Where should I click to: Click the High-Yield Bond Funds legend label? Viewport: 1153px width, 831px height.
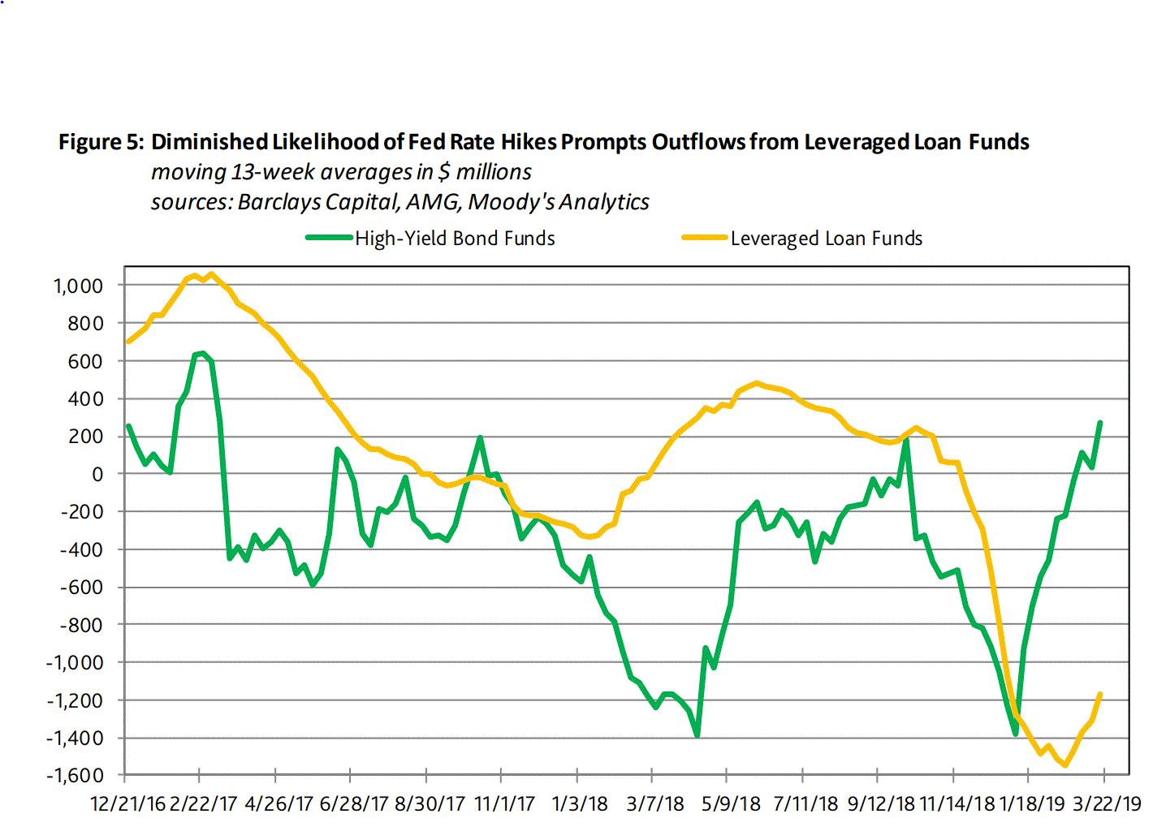[x=455, y=239]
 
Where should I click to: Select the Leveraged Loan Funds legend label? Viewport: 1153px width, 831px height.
[x=826, y=239]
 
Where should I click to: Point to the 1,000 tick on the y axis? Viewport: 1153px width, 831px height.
[x=79, y=286]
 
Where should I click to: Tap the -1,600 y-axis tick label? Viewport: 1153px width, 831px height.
[x=75, y=776]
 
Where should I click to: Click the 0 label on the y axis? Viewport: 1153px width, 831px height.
[x=97, y=474]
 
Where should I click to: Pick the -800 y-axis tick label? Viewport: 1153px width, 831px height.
[x=82, y=625]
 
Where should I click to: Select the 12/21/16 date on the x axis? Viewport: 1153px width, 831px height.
[x=127, y=804]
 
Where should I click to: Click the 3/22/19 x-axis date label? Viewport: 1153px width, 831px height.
[x=1107, y=804]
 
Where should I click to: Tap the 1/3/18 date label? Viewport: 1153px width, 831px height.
[x=580, y=804]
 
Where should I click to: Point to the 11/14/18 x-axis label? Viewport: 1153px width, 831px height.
[x=957, y=804]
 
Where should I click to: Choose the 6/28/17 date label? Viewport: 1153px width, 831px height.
[x=354, y=804]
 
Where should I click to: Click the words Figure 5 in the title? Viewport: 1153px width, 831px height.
[x=101, y=143]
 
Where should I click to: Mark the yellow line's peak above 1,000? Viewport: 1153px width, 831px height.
[x=211, y=274]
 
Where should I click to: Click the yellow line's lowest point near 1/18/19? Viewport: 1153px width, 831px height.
[x=1064, y=764]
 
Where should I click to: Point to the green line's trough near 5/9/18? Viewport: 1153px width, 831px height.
[x=697, y=735]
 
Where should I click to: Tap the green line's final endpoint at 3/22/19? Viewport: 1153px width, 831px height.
[x=1100, y=423]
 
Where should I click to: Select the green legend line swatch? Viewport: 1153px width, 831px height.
[x=329, y=239]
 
